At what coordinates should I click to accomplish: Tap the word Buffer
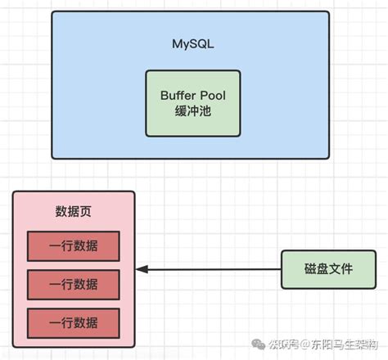179,94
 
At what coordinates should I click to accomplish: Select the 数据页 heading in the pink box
74,212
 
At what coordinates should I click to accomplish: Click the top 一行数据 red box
74,245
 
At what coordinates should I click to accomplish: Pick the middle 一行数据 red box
74,284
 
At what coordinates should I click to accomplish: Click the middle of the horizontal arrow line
210,269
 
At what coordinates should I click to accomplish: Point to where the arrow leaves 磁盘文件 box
281,269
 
